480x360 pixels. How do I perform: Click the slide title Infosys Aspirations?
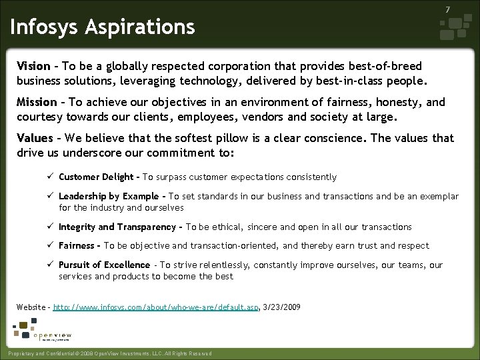point(102,27)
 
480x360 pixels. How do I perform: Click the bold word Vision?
point(33,67)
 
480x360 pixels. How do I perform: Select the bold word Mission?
point(37,103)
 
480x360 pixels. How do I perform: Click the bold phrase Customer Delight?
point(97,177)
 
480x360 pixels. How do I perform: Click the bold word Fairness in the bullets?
point(77,246)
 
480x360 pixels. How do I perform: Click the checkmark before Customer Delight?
point(50,177)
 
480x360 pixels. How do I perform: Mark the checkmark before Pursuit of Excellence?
point(50,265)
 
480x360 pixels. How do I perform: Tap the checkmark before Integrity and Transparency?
point(50,227)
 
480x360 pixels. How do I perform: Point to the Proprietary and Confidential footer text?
point(107,353)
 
